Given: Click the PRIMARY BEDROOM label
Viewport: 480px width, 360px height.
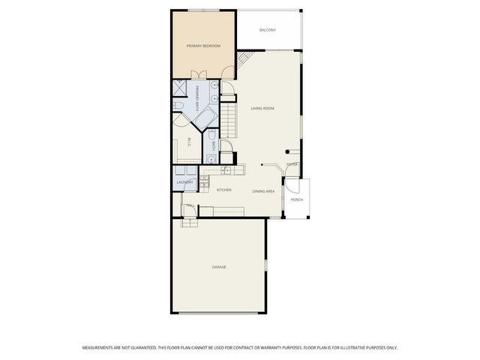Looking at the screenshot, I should (203, 46).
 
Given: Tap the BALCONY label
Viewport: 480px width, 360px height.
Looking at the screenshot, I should (268, 30).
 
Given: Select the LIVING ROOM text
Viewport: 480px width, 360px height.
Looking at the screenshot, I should (262, 109).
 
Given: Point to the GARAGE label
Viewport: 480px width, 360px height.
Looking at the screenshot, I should (218, 267).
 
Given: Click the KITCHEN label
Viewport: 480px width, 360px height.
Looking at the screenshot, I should (223, 190).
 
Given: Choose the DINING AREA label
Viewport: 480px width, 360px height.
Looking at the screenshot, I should (262, 191).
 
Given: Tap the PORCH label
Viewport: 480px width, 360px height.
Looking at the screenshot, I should (297, 200).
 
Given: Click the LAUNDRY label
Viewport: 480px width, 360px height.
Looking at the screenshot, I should (184, 182).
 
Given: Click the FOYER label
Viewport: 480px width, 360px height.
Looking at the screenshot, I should (292, 164).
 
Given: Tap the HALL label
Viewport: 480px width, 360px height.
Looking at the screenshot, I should (189, 205).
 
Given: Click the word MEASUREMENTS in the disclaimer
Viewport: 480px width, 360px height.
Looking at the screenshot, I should (100, 348).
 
